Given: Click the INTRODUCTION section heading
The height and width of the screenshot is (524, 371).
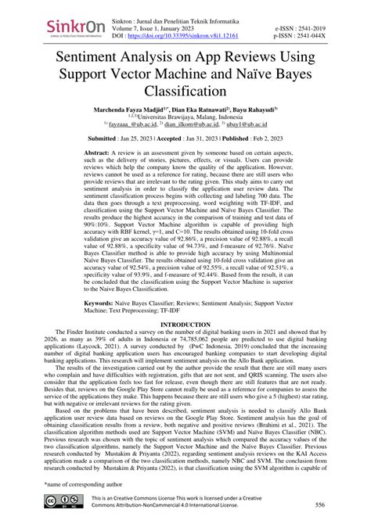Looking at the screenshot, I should [x=185, y=345].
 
